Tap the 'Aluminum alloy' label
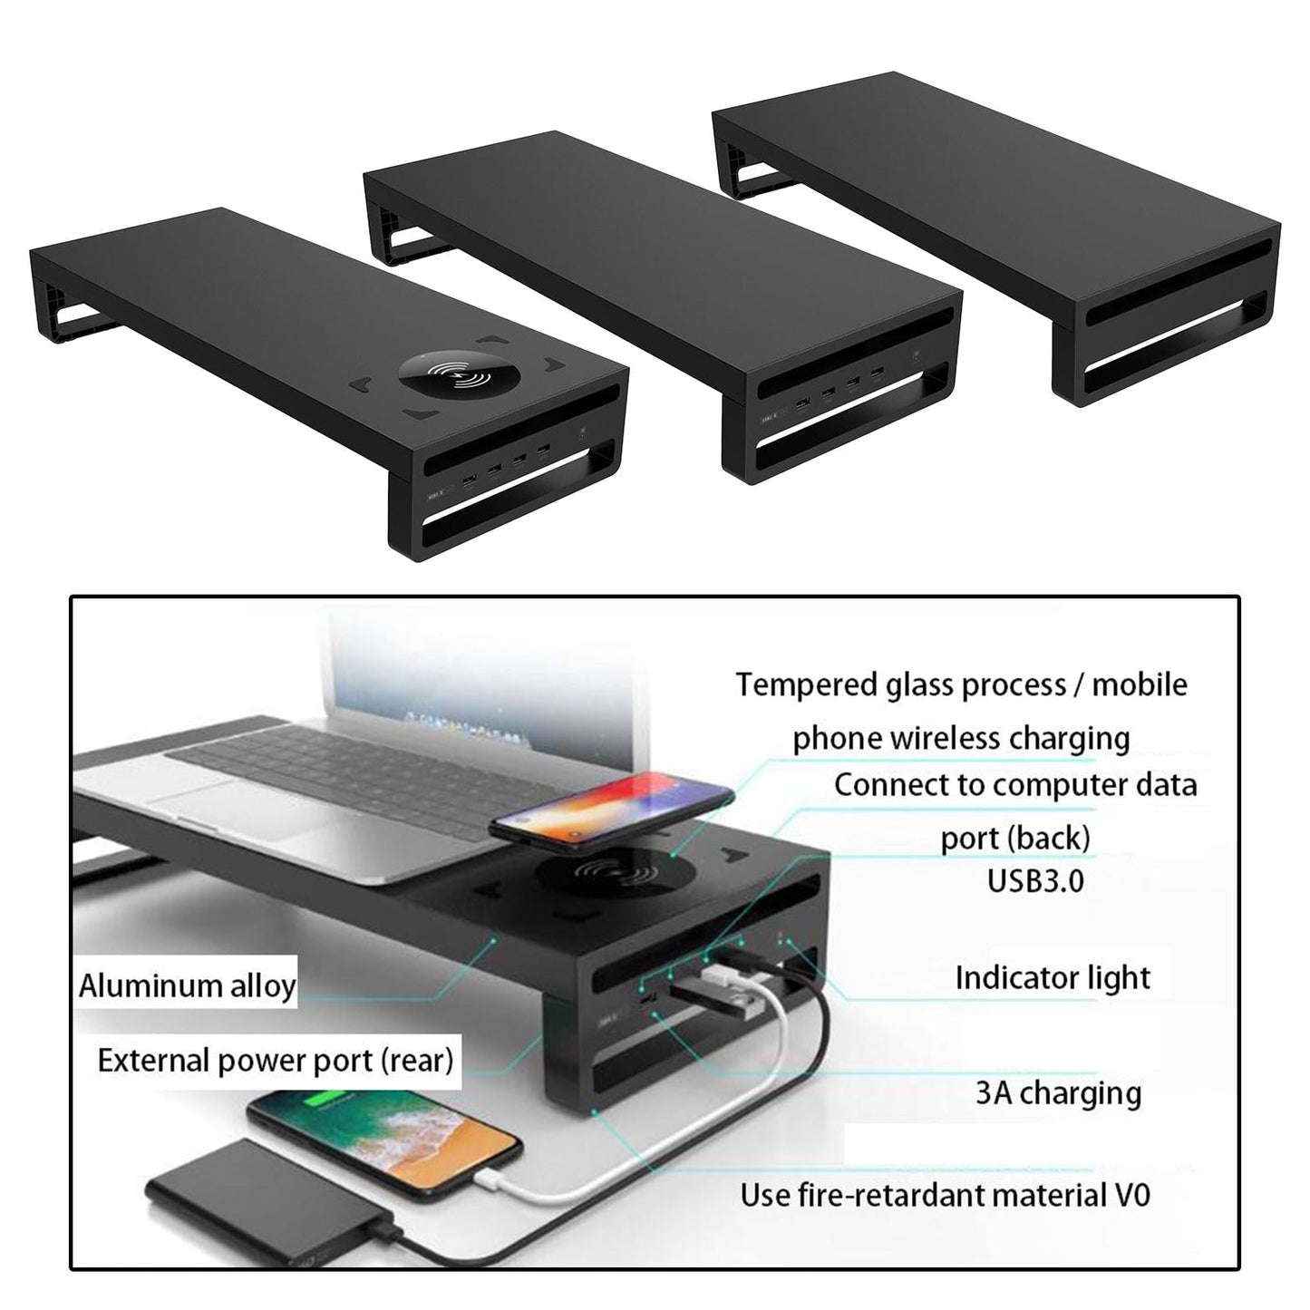click(x=187, y=985)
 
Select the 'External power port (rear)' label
click(x=275, y=1060)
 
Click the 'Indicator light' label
click(x=1053, y=977)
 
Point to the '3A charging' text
click(x=1058, y=1092)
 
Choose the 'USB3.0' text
click(x=1035, y=880)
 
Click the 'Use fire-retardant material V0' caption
click(x=945, y=1194)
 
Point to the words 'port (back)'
click(x=1014, y=839)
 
